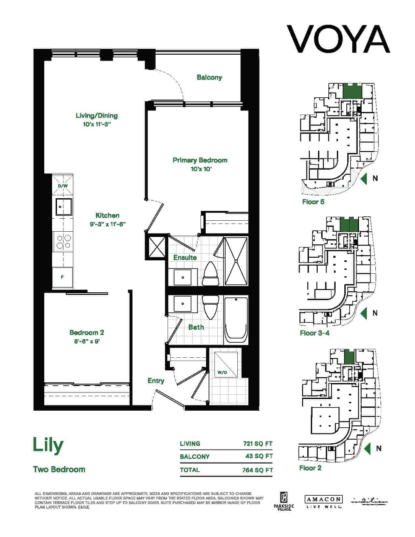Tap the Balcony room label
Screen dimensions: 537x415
pyautogui.click(x=209, y=77)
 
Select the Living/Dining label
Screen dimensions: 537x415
pyautogui.click(x=97, y=116)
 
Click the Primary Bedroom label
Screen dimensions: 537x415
pyautogui.click(x=200, y=160)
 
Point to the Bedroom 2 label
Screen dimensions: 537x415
pyautogui.click(x=87, y=333)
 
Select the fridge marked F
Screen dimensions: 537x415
pyautogui.click(x=62, y=277)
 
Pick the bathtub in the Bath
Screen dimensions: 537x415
pyautogui.click(x=236, y=320)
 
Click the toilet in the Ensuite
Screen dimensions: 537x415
pyautogui.click(x=210, y=274)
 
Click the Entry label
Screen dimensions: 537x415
pyautogui.click(x=156, y=381)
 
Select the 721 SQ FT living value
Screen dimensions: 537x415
pyautogui.click(x=257, y=444)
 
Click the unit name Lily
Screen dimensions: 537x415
pyautogui.click(x=48, y=445)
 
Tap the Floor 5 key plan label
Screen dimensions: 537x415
pyautogui.click(x=313, y=202)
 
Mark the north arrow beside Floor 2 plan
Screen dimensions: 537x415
pyautogui.click(x=368, y=448)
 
